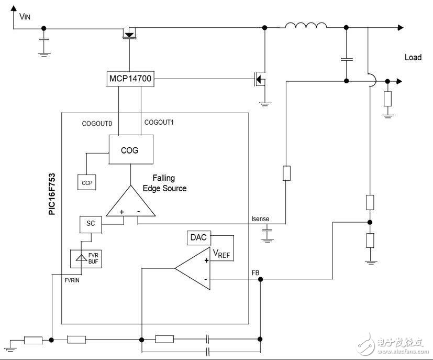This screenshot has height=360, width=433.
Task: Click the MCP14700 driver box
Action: click(x=130, y=79)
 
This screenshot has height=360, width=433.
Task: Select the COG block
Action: click(x=130, y=150)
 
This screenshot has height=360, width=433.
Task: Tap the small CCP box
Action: click(x=87, y=182)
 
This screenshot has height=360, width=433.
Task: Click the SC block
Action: click(x=90, y=224)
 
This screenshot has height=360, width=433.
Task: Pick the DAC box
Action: click(x=198, y=237)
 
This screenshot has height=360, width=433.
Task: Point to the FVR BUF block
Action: click(x=86, y=258)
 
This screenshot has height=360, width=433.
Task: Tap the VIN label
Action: click(x=25, y=16)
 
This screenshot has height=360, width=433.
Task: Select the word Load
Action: click(x=413, y=57)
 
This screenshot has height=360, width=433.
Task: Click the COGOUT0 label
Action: click(x=97, y=124)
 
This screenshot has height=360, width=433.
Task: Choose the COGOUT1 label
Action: click(x=159, y=122)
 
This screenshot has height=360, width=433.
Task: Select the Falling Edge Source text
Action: click(x=164, y=183)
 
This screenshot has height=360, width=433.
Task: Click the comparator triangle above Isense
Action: click(x=131, y=204)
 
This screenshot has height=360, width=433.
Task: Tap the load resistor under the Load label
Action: click(x=387, y=98)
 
